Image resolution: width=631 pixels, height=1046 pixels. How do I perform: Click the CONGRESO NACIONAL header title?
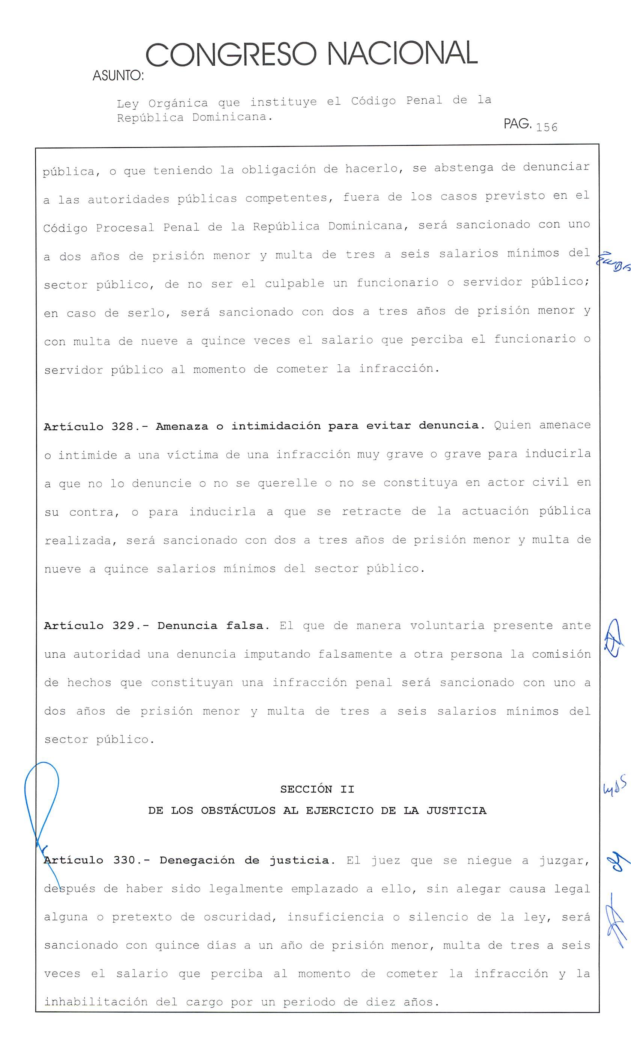pos(312,54)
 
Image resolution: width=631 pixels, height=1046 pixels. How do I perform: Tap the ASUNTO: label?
pos(118,76)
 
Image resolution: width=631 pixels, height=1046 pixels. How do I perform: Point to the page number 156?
pos(547,127)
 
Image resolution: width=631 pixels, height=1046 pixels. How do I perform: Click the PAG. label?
pos(517,124)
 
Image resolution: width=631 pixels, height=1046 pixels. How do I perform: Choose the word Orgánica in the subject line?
pos(178,103)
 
